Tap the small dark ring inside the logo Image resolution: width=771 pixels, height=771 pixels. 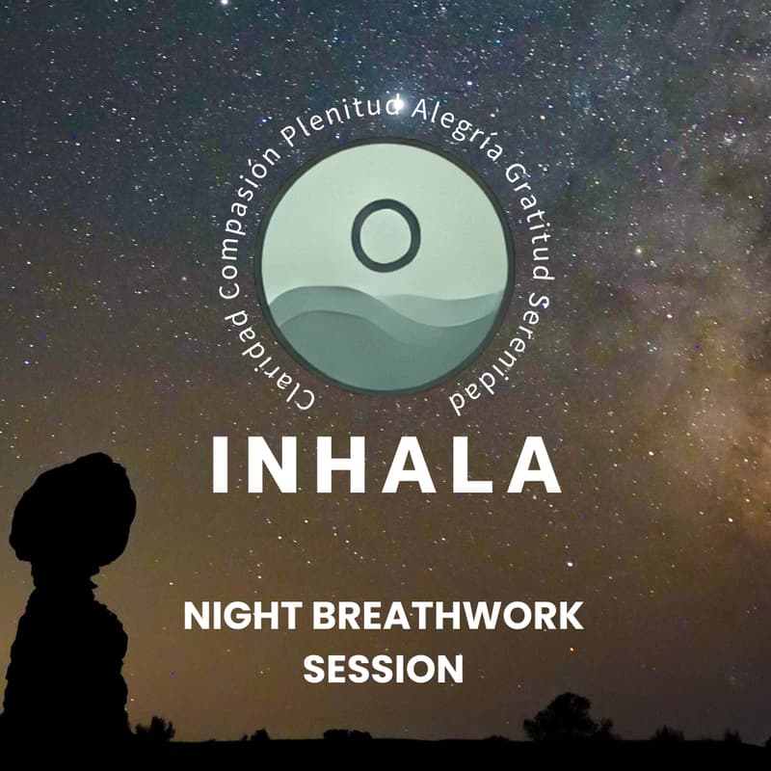click(385, 234)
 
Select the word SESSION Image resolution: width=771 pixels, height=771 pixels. click(383, 667)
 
